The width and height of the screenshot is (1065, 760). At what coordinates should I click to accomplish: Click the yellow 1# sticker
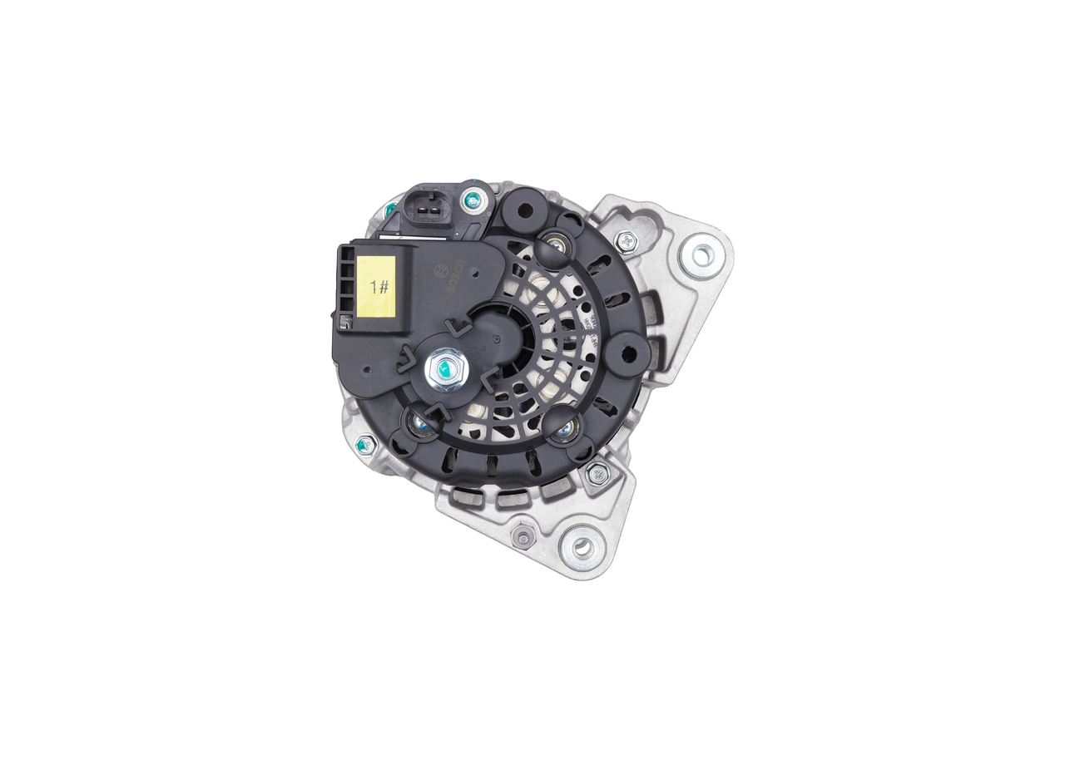click(376, 285)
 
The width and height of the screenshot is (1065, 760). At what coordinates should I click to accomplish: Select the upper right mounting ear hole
click(701, 254)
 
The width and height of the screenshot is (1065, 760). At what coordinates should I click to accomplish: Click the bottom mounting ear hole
click(582, 547)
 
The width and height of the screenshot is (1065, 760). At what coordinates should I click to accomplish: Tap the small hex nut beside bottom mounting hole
click(523, 537)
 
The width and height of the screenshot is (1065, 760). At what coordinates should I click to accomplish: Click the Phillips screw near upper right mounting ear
click(625, 242)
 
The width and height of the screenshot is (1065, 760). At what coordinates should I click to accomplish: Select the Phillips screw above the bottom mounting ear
click(597, 475)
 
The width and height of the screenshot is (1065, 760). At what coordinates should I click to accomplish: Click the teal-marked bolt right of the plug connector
click(473, 200)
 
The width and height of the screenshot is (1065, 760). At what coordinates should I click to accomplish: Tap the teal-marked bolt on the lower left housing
click(364, 447)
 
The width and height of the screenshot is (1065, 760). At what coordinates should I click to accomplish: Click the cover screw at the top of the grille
click(555, 244)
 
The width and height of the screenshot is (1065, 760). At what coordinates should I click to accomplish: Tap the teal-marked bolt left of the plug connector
click(389, 210)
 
